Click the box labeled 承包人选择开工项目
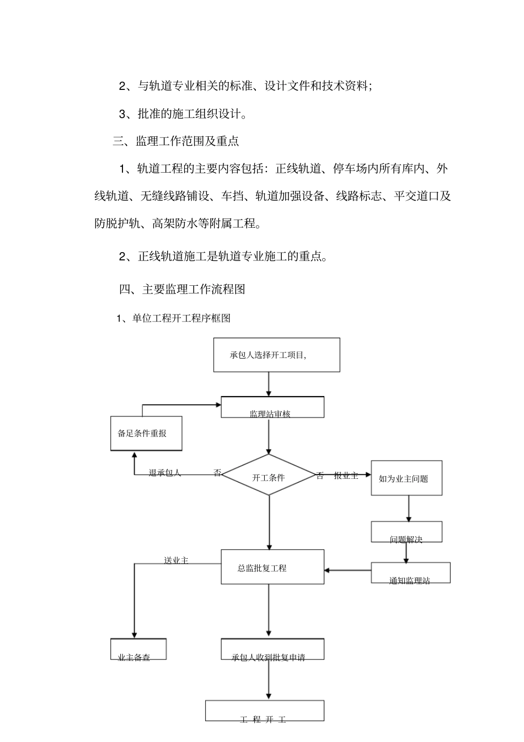pos(276,355)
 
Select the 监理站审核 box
pos(272,407)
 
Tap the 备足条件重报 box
pos(146,433)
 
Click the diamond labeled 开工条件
pos(269,475)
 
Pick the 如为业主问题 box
pos(407,478)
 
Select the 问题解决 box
pos(407,532)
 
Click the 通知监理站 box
pos(410,573)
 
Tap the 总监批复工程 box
pos(272,567)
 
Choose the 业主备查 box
pos(138,649)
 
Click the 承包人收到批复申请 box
pos(272,649)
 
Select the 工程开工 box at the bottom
pos(265,711)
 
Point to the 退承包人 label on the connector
pos(165,473)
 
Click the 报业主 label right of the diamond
pos(346,476)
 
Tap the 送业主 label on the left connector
pos(176,560)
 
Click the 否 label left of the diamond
pos(217,473)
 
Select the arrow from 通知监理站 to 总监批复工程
pos(347,570)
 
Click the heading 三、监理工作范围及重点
pos(176,141)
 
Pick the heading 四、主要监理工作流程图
pos(182,289)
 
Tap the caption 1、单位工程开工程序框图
pos(173,318)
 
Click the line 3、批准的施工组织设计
pos(183,114)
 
